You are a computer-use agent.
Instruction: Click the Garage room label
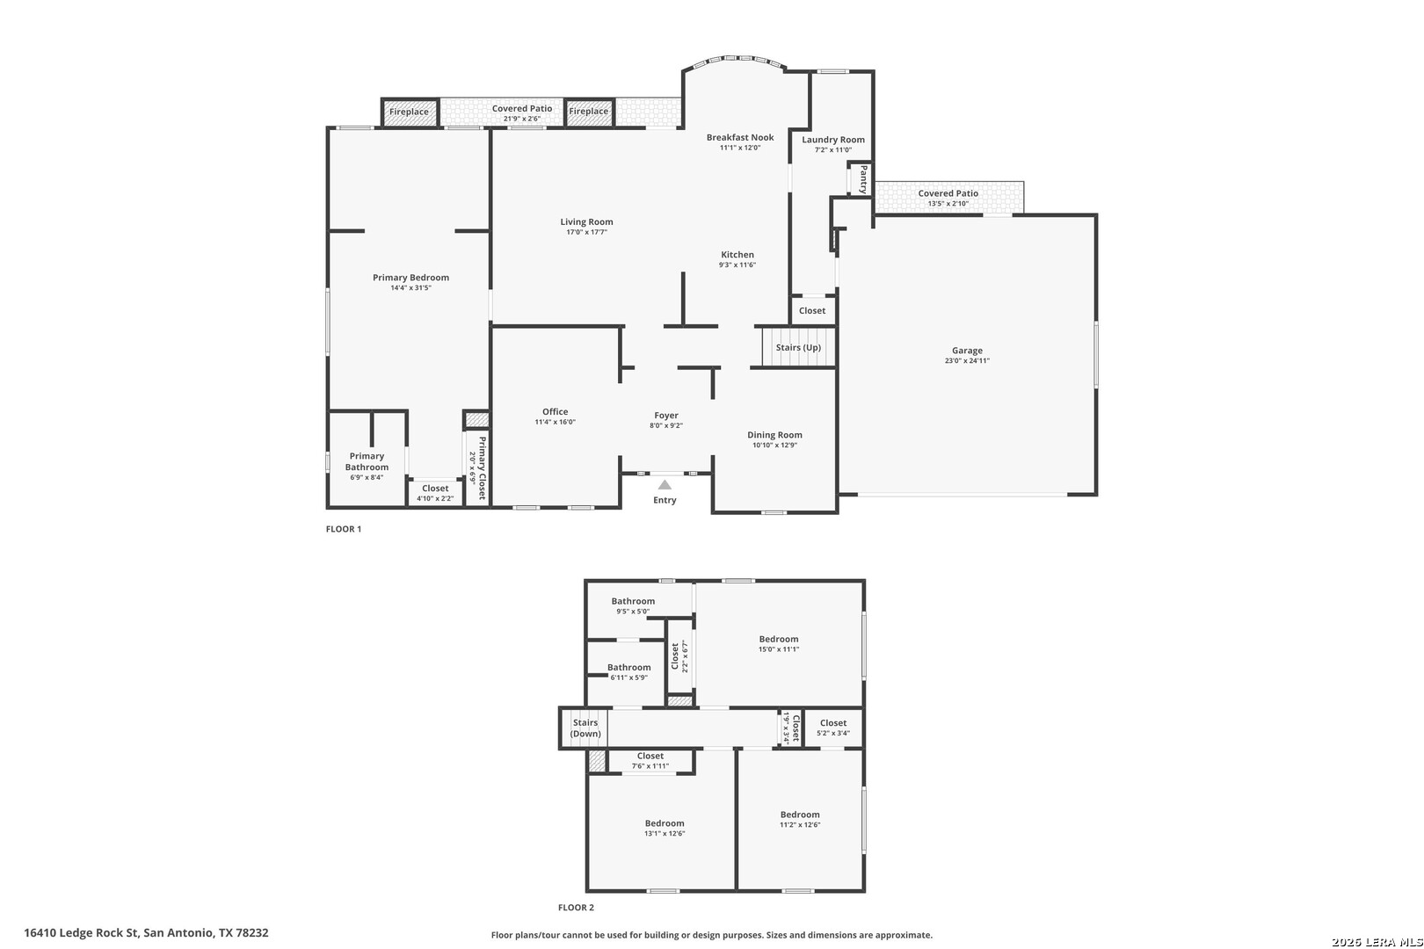click(x=967, y=351)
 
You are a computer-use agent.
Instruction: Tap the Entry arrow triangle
click(x=665, y=485)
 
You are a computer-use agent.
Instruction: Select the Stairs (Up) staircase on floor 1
click(x=798, y=347)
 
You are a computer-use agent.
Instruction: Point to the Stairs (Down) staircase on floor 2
click(x=585, y=728)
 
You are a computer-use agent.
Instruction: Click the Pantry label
click(x=863, y=179)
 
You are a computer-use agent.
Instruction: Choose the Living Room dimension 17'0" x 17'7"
click(x=586, y=232)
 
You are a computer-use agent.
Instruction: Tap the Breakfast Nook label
click(x=740, y=137)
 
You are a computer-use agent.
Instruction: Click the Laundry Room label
click(x=832, y=140)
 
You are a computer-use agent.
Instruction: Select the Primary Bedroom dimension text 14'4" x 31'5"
click(x=410, y=287)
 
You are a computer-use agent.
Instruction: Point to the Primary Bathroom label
click(x=367, y=461)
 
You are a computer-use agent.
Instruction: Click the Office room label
click(x=555, y=412)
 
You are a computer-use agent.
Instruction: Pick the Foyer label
click(x=665, y=416)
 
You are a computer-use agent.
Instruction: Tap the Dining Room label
click(x=774, y=435)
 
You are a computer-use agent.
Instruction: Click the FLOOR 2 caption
click(x=576, y=907)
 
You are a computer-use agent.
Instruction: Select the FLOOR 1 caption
click(x=344, y=529)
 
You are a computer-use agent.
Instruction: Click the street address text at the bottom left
click(x=146, y=932)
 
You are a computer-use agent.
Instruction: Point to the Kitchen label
click(x=737, y=255)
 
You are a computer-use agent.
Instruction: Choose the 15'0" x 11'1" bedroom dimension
click(x=779, y=649)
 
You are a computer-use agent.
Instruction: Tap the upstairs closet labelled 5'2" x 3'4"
click(x=832, y=728)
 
